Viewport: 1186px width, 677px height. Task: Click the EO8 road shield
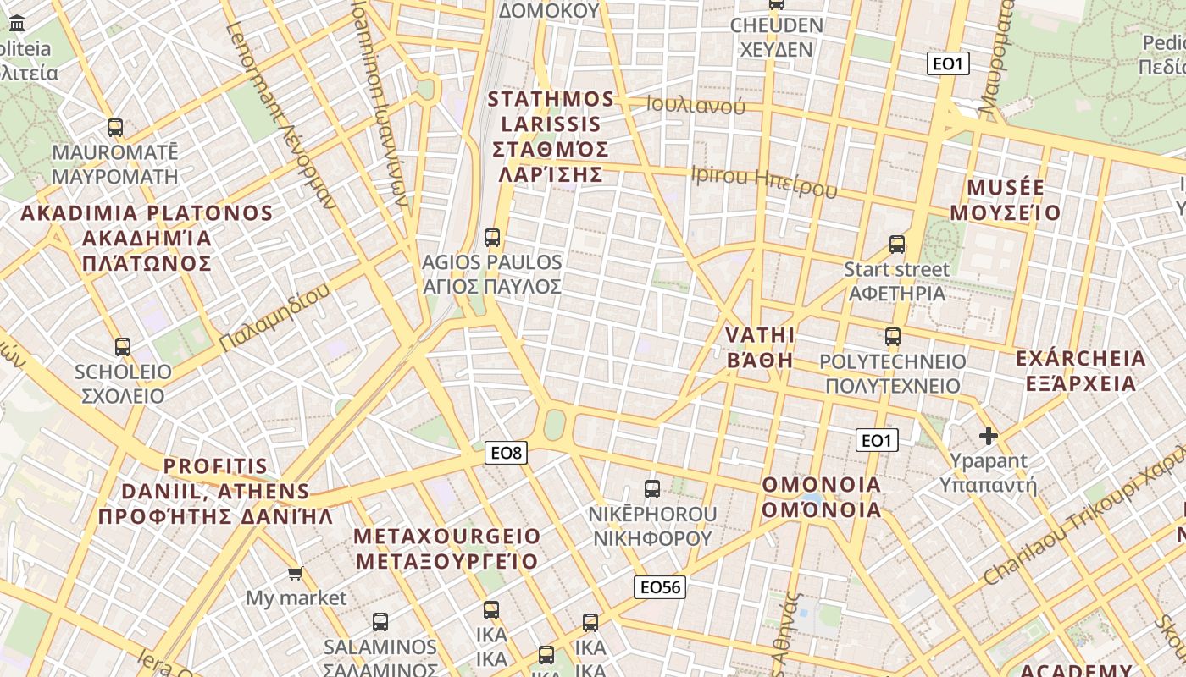(x=507, y=453)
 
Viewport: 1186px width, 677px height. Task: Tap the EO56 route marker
(x=660, y=587)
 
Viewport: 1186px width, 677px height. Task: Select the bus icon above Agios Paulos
(x=492, y=238)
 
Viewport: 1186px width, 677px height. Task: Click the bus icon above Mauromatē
(x=115, y=128)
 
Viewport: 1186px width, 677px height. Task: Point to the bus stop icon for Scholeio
(x=123, y=347)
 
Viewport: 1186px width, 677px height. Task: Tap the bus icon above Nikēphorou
(x=652, y=489)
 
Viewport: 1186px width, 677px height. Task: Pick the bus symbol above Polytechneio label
(x=893, y=337)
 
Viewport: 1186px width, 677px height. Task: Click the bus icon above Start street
(x=897, y=245)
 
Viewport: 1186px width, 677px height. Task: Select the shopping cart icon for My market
(x=296, y=574)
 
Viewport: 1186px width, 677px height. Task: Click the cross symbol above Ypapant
(x=988, y=436)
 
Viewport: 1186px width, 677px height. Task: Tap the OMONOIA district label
(x=822, y=498)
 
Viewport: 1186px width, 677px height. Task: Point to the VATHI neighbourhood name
(x=760, y=347)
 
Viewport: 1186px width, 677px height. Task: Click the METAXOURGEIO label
(x=446, y=548)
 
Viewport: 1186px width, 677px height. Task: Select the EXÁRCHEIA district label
(x=1081, y=371)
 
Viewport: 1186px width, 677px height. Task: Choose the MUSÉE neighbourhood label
(x=1005, y=200)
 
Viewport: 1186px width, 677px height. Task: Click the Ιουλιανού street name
(x=696, y=106)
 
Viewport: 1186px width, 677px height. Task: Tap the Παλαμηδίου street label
(x=274, y=319)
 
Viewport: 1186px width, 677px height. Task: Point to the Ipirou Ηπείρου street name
(x=764, y=182)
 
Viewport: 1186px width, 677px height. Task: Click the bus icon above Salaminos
(x=380, y=622)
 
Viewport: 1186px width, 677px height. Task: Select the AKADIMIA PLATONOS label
(x=147, y=238)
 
